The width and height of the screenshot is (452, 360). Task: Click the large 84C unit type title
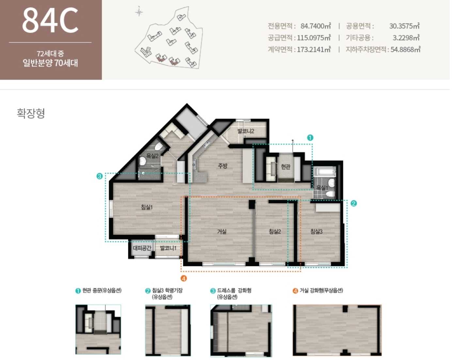point(50,20)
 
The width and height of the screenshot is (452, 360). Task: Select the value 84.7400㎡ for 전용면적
point(316,26)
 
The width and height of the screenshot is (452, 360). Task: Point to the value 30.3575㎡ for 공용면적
point(404,26)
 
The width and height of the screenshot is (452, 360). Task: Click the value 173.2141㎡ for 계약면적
point(314,50)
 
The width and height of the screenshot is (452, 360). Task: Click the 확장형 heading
point(31,114)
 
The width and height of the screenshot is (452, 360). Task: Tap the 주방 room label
point(223,166)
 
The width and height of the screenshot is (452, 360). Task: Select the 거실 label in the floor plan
point(222,231)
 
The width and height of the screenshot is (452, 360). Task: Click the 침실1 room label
point(147,207)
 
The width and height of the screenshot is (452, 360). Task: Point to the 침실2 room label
point(275,231)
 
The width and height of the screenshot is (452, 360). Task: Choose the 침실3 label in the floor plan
point(316,231)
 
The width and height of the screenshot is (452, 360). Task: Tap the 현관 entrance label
point(286,166)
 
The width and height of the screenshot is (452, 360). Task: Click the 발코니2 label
point(246,131)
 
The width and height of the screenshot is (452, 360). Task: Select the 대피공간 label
point(142,248)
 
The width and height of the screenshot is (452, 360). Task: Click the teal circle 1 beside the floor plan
point(310,138)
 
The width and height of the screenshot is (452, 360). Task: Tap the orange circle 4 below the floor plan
point(183,278)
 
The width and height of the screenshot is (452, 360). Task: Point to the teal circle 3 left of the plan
point(100,176)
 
